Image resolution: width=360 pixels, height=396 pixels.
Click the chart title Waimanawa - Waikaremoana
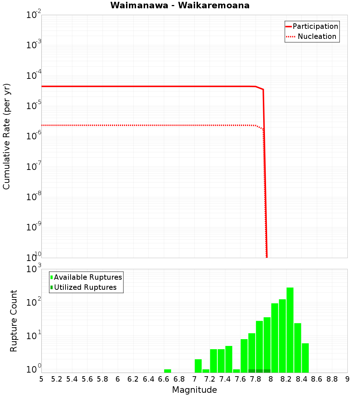180,5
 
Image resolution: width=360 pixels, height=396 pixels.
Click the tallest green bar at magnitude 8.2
290,330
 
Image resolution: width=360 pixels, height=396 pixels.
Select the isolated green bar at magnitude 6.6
167,371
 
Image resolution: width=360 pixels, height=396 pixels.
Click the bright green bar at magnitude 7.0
198,366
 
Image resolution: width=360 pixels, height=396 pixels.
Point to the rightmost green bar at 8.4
305,358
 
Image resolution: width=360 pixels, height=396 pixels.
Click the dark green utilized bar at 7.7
252,371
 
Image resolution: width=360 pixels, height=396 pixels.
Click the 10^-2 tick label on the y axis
34,15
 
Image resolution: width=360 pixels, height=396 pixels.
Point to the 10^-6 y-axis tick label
34,136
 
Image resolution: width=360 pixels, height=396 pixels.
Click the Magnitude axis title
194,390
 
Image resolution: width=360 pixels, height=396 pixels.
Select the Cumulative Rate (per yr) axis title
6,136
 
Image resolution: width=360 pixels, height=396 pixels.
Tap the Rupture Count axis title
14,321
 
